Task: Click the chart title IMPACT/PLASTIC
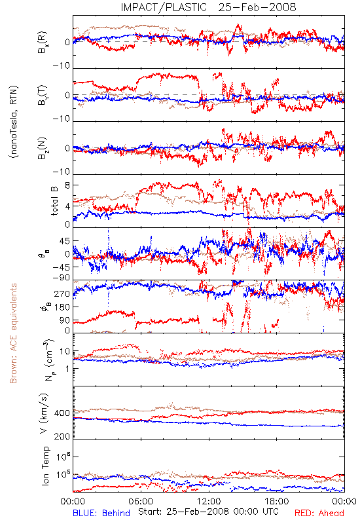(164, 7)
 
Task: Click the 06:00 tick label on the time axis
(141, 501)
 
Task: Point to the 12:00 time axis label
(209, 501)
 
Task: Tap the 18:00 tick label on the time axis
(277, 501)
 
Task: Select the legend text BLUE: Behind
(101, 513)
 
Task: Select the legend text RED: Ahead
(319, 513)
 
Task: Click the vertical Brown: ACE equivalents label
(13, 333)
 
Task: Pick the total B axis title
(54, 201)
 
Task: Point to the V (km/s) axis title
(44, 413)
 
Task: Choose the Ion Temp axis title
(45, 466)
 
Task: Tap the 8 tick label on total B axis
(67, 185)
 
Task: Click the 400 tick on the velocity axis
(62, 413)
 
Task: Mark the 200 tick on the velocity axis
(62, 436)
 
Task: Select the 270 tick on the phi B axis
(62, 293)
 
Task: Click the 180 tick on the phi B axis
(62, 307)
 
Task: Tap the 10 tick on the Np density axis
(65, 352)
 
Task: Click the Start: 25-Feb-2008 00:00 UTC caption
(208, 512)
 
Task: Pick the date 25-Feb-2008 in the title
(257, 7)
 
